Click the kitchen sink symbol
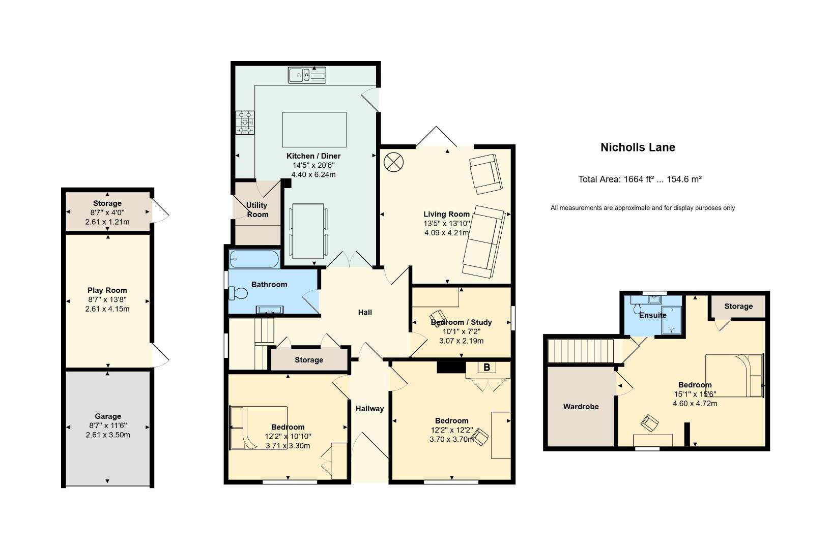pos(307,75)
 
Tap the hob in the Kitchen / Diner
pos(245,123)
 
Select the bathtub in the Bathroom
pos(254,259)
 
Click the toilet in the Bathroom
pos(238,293)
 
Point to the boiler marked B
pos(486,368)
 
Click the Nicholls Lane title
pos(638,147)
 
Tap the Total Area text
pos(640,179)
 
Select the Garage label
pos(108,416)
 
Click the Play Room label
pos(107,290)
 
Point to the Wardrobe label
pos(581,407)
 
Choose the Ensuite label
pos(652,315)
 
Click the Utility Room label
pos(257,210)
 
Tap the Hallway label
pos(369,409)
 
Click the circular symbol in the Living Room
pos(393,162)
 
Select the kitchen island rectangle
pos(314,130)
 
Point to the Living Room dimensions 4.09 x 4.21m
pos(447,233)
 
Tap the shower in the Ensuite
pos(672,320)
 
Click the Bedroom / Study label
pos(461,322)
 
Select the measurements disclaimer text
pos(643,208)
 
